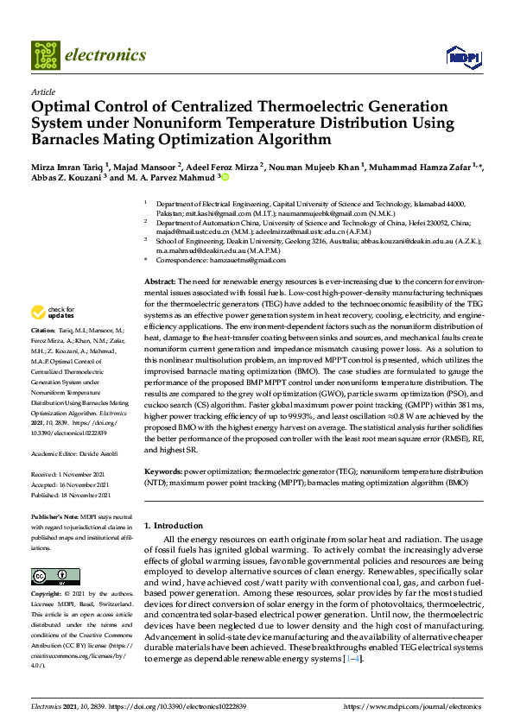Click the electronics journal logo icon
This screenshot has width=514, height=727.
45,54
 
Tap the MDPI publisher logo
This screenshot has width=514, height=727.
461,57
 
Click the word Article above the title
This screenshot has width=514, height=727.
42,92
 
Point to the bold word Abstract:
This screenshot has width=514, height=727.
160,282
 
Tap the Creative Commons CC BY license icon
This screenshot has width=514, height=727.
50,576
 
